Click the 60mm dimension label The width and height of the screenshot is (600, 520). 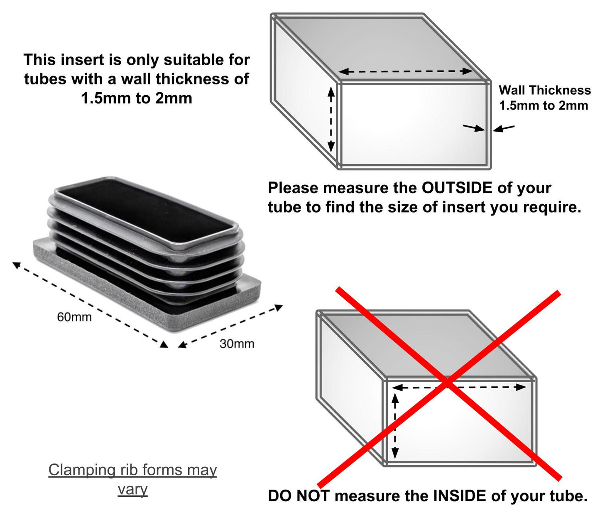point(74,317)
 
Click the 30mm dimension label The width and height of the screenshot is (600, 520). point(237,343)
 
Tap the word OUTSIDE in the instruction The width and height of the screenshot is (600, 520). point(457,188)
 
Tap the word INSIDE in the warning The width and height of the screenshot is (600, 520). point(460,495)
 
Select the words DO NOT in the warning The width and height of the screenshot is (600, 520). point(299,495)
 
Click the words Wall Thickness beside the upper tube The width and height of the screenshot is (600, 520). point(545,90)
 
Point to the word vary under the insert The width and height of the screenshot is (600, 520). point(132,489)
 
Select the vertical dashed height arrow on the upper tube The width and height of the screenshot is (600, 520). point(331,120)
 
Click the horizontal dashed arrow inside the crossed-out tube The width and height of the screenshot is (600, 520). point(459,387)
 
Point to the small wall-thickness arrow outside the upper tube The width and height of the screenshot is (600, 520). point(504,128)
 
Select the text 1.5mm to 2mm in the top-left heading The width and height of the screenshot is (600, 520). point(137,98)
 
